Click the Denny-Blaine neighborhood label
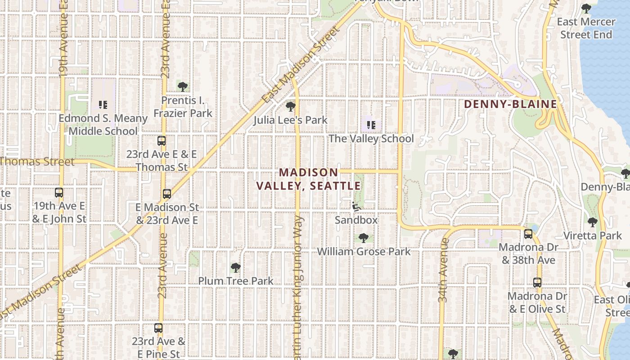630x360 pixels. point(510,104)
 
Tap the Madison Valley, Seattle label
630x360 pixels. point(309,179)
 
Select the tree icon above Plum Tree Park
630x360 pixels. point(235,268)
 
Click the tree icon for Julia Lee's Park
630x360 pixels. point(291,107)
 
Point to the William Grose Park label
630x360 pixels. point(364,251)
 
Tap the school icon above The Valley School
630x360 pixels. point(371,125)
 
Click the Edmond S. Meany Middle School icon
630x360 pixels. point(103,105)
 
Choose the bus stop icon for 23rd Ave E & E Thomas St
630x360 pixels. point(162,141)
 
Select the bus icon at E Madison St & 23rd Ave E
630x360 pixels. point(167,194)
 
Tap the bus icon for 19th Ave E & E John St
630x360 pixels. point(59,193)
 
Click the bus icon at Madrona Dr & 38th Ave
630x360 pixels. point(528,234)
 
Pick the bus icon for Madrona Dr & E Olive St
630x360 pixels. point(537,283)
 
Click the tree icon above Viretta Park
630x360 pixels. point(593,222)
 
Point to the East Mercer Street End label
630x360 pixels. point(586,28)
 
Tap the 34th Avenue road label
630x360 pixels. point(443,270)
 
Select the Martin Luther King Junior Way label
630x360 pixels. point(297,288)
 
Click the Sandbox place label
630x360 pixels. point(356,220)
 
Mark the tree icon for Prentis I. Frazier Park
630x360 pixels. point(182,86)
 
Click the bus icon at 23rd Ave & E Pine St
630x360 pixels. point(158,328)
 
